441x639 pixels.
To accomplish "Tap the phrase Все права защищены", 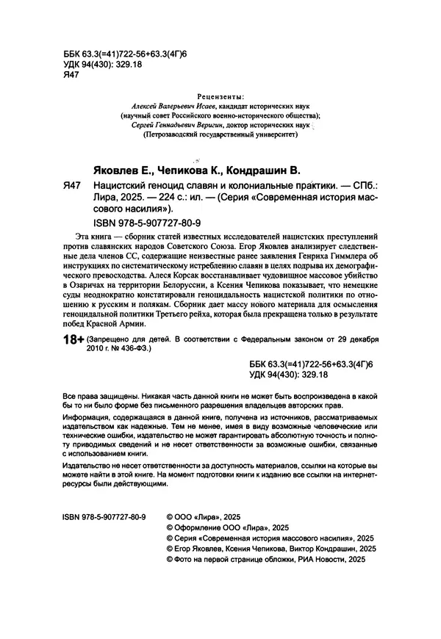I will pyautogui.click(x=98, y=395).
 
